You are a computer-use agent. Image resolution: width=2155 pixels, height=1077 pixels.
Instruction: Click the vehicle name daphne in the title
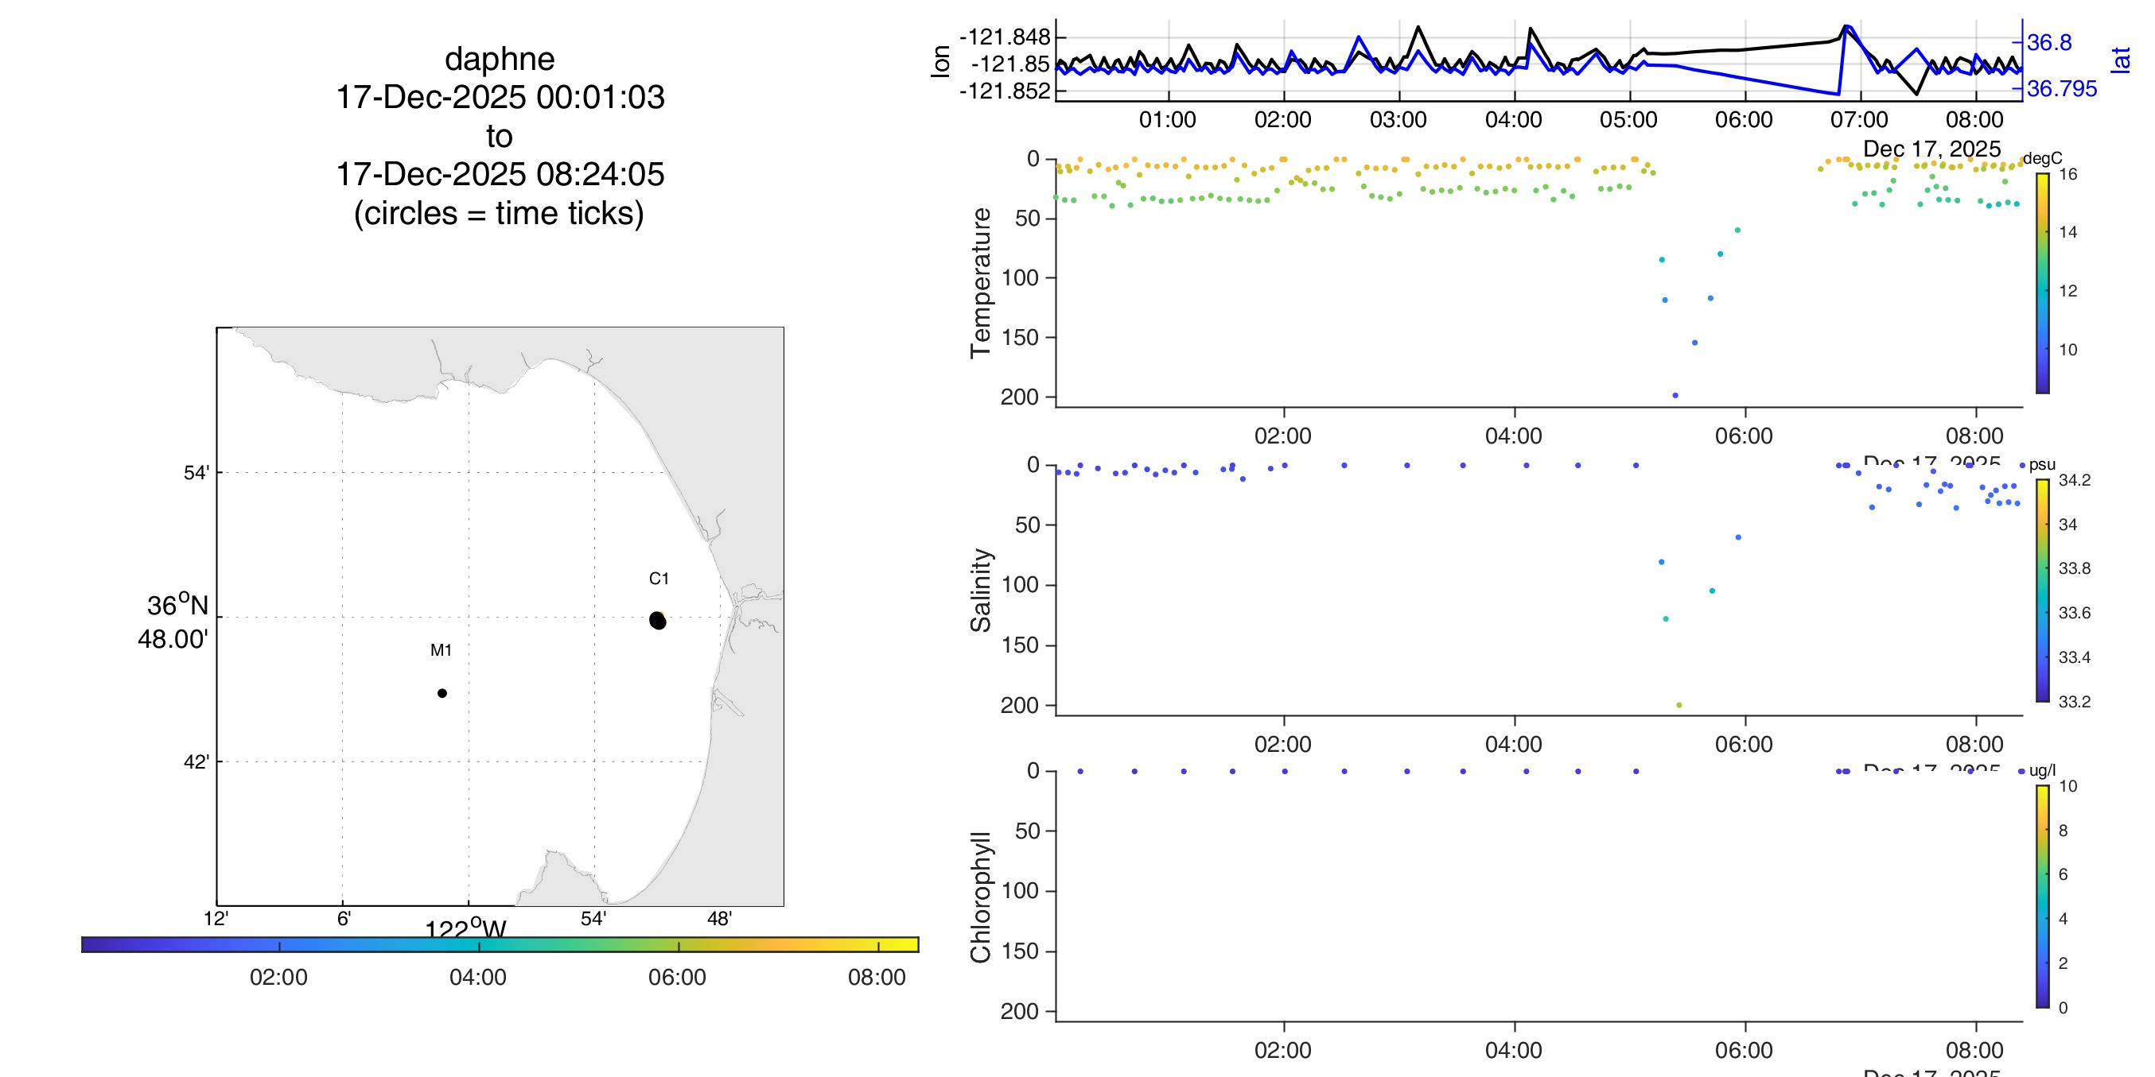click(500, 60)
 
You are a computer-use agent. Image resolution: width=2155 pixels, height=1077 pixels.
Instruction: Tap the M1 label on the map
click(441, 649)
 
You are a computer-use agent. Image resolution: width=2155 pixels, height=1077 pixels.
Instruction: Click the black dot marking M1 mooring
click(442, 693)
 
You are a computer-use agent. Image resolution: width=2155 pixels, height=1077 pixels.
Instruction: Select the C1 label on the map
click(659, 579)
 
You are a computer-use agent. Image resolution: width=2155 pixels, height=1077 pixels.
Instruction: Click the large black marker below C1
click(658, 621)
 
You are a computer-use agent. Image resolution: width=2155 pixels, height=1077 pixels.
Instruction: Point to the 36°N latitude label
click(177, 606)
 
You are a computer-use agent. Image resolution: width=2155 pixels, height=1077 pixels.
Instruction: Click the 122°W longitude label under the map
click(465, 928)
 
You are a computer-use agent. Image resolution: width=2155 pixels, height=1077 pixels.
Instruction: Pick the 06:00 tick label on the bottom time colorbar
click(677, 977)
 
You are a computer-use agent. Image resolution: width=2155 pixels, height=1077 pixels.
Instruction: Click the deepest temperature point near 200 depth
click(1675, 396)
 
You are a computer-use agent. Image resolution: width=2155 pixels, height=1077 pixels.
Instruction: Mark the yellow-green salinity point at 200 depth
click(1679, 705)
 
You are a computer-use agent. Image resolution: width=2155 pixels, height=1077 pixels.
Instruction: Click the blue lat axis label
click(2120, 60)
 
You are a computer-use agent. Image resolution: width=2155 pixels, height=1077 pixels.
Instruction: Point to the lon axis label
click(940, 62)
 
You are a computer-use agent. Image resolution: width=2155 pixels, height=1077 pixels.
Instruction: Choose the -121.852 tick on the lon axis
click(1004, 91)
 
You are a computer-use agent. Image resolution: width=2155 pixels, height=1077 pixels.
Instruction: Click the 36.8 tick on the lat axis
click(2048, 42)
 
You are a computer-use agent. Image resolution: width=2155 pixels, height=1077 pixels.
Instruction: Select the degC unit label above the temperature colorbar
click(2042, 158)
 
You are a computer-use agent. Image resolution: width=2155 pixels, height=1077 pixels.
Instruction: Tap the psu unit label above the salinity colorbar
click(2042, 465)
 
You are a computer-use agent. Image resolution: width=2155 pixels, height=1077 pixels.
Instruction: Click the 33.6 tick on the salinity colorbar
click(2074, 613)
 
